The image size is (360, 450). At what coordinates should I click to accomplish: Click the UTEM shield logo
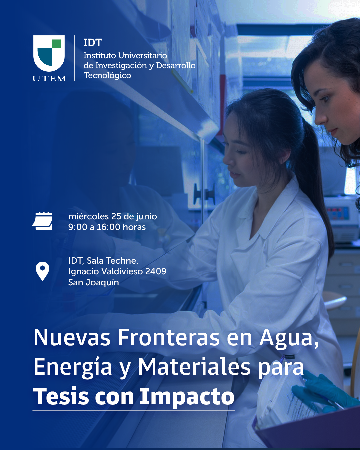49,53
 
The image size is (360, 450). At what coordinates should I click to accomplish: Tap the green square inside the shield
56,44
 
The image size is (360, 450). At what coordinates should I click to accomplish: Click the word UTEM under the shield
49,78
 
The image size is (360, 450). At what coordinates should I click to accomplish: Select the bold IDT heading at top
93,43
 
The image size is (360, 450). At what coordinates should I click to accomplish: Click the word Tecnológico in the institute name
107,75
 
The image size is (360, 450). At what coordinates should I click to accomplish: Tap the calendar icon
42,221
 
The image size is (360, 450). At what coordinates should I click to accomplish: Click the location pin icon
42,271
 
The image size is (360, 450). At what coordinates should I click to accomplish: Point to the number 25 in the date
116,216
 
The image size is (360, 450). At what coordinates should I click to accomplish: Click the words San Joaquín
94,283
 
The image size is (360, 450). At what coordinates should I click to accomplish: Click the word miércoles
88,216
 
